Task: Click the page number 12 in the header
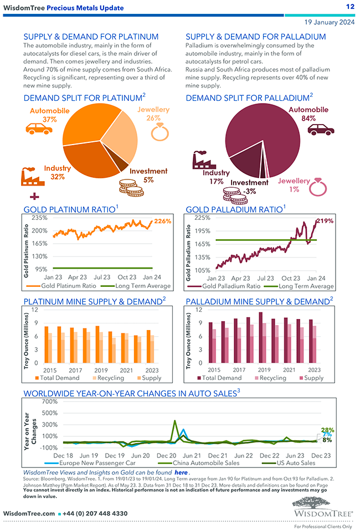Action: pyautogui.click(x=349, y=7)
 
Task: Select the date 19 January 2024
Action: pyautogui.click(x=330, y=22)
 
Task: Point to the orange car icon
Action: pyautogui.click(x=39, y=129)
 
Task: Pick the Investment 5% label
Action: pyautogui.click(x=148, y=175)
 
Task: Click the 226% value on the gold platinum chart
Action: pyautogui.click(x=162, y=222)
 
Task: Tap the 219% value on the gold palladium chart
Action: pyautogui.click(x=325, y=221)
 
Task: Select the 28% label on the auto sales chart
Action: pyautogui.click(x=327, y=430)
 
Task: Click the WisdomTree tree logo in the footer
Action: pyautogui.click(x=322, y=505)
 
